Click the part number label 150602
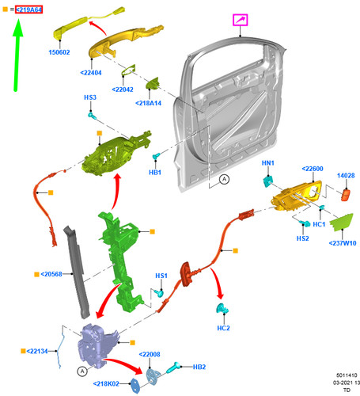[x=59, y=52]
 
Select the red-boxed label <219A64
[x=28, y=10]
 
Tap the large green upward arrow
[x=17, y=56]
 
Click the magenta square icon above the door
[x=240, y=20]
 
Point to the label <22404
[x=91, y=73]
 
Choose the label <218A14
[x=148, y=103]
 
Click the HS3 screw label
[x=90, y=97]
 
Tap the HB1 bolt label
[x=155, y=173]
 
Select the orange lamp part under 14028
[x=346, y=195]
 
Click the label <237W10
[x=343, y=243]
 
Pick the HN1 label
[x=268, y=163]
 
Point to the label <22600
[x=313, y=169]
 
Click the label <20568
[x=51, y=274]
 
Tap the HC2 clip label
[x=223, y=328]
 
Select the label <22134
[x=37, y=352]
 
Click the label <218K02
[x=106, y=383]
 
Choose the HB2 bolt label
[x=199, y=367]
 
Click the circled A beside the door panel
[x=224, y=180]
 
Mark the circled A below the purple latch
[x=82, y=371]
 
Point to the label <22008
[x=150, y=355]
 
